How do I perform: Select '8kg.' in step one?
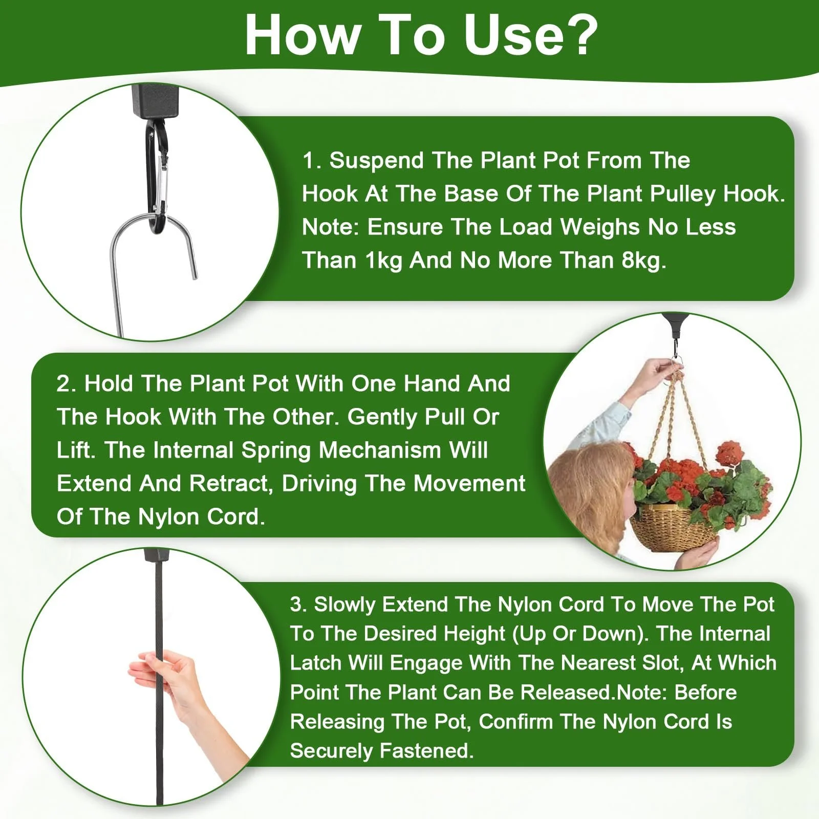coord(644,261)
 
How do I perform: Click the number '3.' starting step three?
coord(298,605)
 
